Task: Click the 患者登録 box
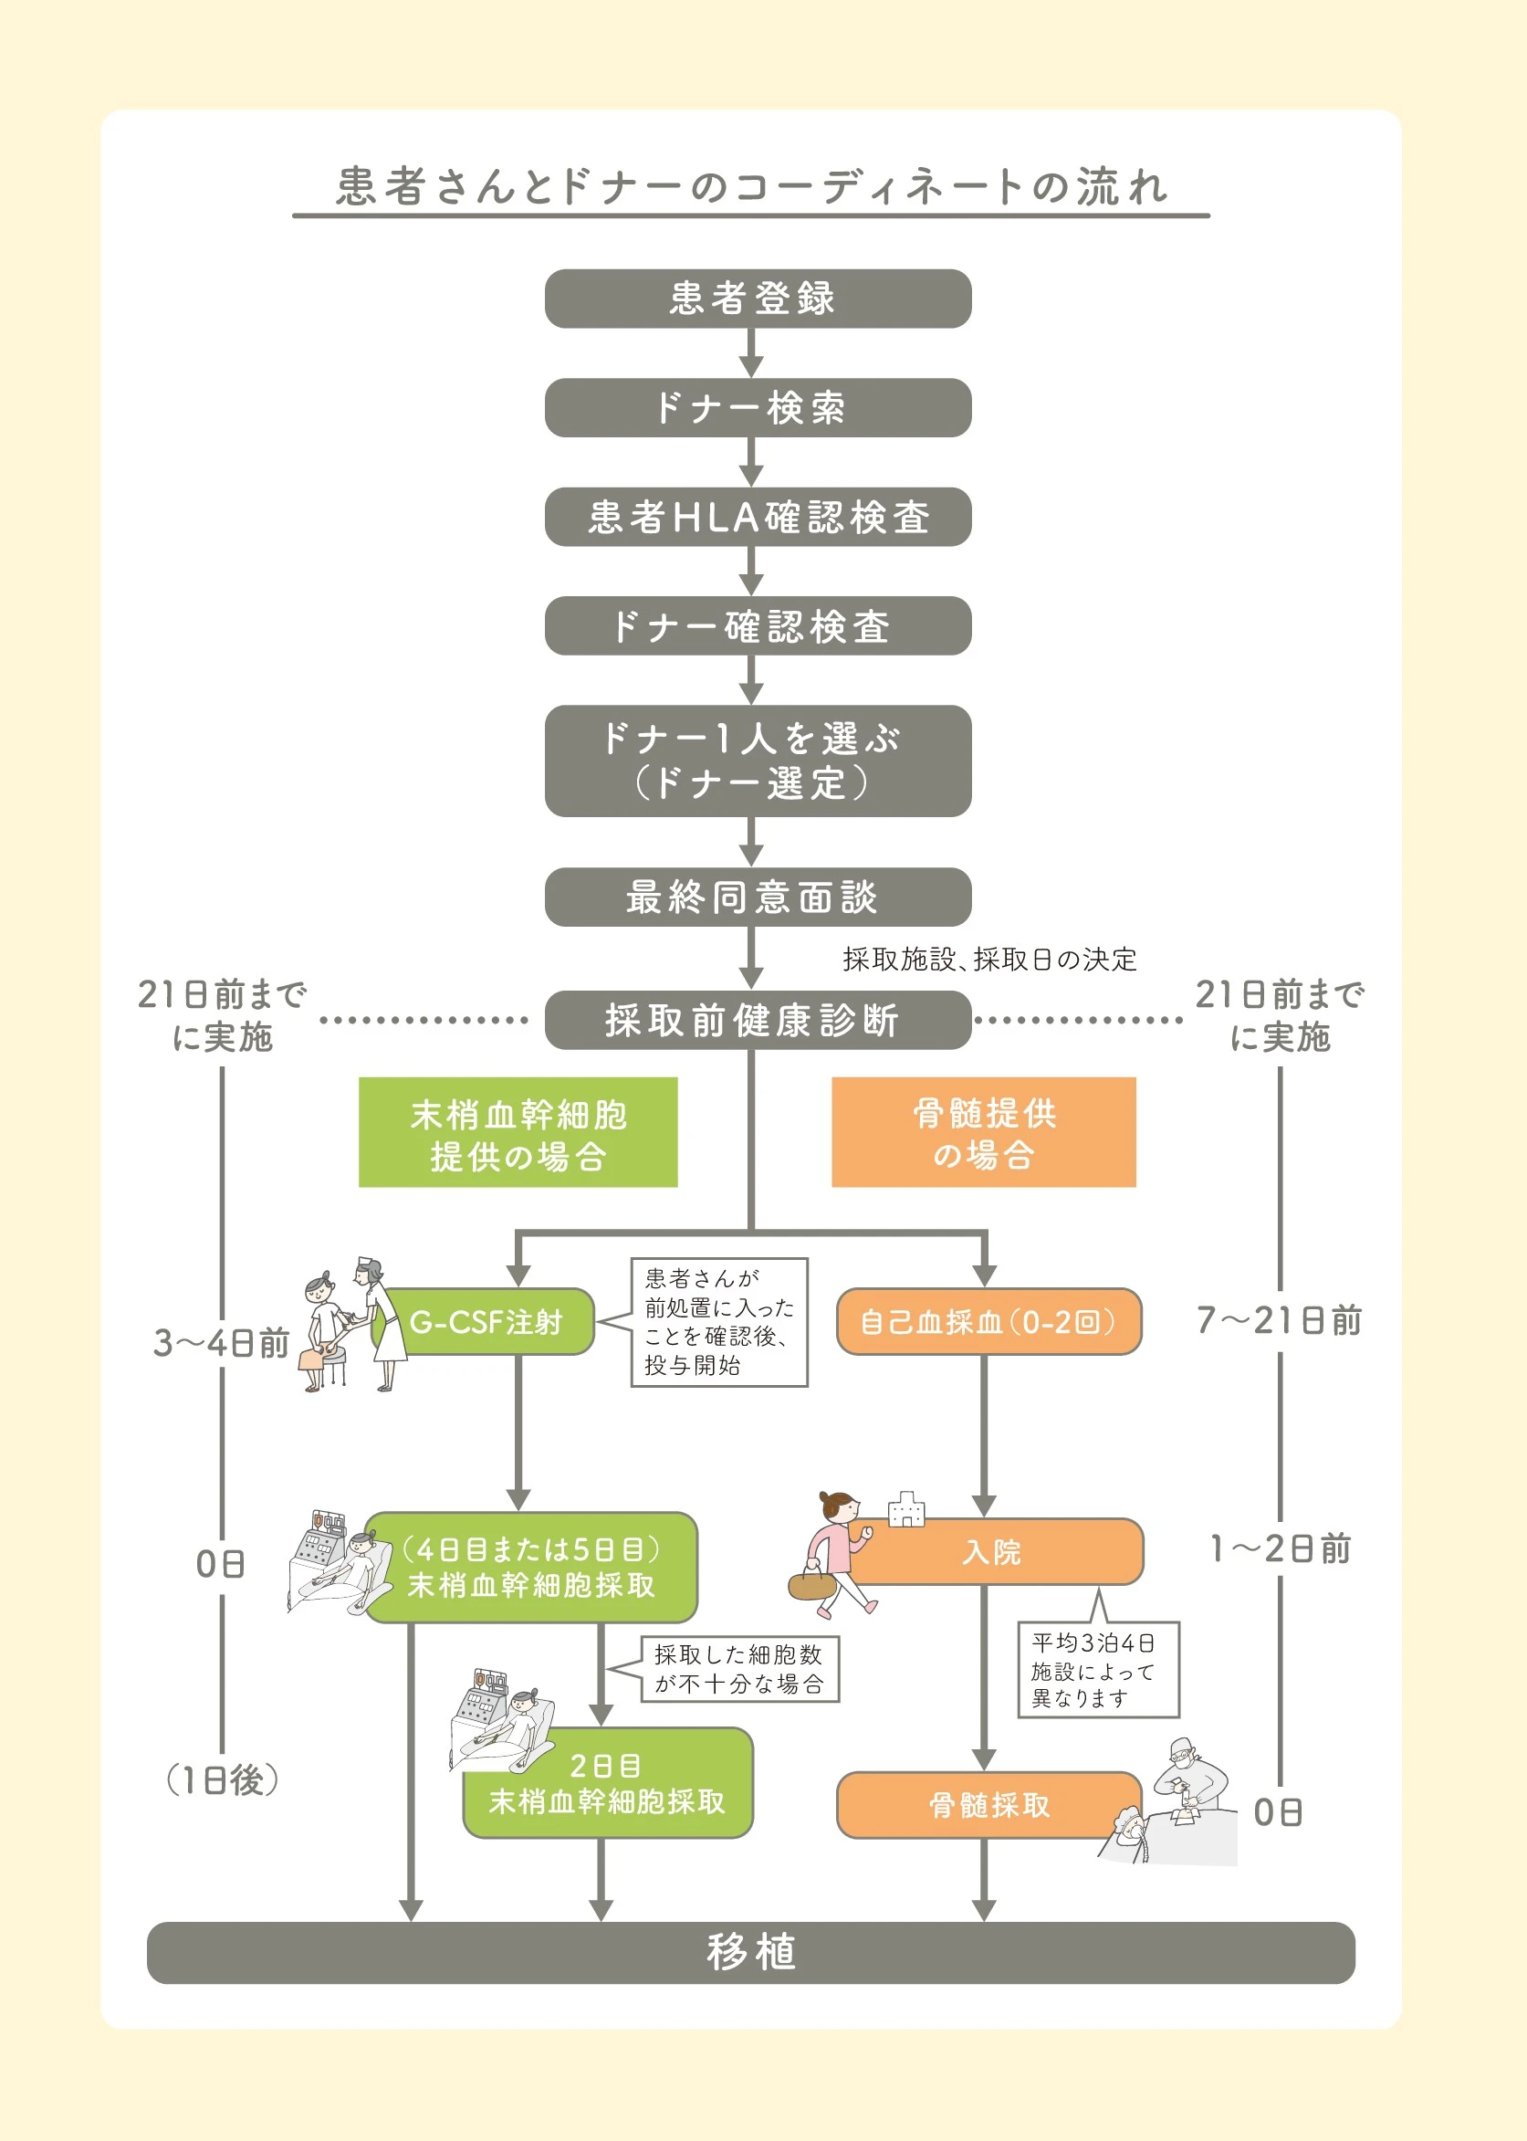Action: click(x=758, y=298)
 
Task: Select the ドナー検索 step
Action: click(x=758, y=407)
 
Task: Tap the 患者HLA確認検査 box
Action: click(x=758, y=516)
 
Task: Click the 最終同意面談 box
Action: click(x=758, y=896)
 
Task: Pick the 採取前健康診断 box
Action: click(x=758, y=1019)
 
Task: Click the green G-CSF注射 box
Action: click(x=485, y=1321)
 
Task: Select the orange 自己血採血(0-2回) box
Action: click(x=989, y=1321)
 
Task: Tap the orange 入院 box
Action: click(x=992, y=1551)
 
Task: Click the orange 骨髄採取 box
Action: click(x=989, y=1805)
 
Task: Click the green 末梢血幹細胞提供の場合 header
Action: click(x=518, y=1132)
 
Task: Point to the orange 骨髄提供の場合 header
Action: click(x=984, y=1132)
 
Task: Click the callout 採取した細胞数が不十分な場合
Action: click(x=740, y=1669)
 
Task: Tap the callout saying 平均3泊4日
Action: click(x=1098, y=1670)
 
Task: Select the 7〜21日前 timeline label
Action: click(x=1280, y=1320)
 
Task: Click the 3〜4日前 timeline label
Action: click(x=222, y=1343)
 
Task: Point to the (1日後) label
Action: click(x=222, y=1779)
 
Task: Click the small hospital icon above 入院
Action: click(x=906, y=1509)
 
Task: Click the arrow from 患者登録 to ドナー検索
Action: click(x=750, y=352)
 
